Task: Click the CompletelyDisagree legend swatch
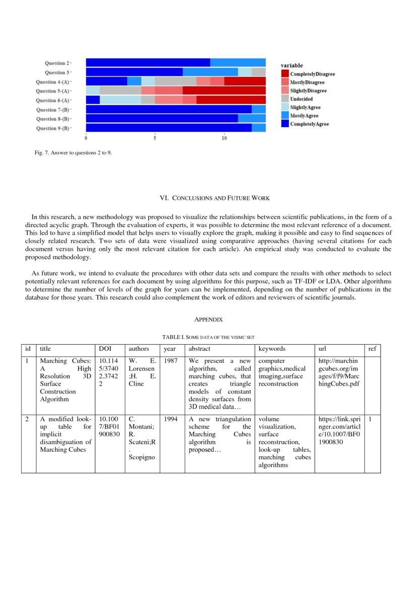tap(285, 74)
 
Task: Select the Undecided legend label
tap(301, 99)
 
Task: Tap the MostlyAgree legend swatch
tap(285, 116)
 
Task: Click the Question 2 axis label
tap(56, 63)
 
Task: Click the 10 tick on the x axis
tap(224, 138)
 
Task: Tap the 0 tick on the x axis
tap(86, 138)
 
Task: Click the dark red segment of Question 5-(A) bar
tap(224, 91)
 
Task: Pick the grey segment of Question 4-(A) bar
tap(175, 81)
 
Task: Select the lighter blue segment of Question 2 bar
tap(237, 63)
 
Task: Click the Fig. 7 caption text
tap(73, 153)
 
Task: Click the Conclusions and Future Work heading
tap(208, 198)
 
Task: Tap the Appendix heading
tap(208, 319)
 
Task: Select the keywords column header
tap(272, 349)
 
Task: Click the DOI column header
tap(105, 349)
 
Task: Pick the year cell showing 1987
tap(170, 361)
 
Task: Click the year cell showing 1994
tap(170, 419)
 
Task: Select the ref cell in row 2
tap(371, 419)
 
